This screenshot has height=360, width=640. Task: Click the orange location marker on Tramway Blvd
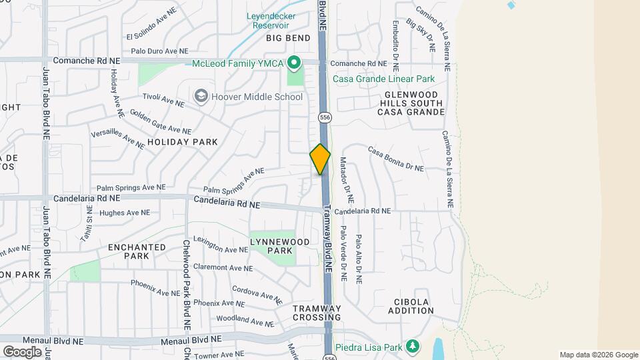320,159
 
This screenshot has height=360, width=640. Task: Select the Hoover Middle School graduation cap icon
201,97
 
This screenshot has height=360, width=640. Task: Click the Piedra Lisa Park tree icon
413,345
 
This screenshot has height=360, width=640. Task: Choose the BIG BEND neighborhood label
289,38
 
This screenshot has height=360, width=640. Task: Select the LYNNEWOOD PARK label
271,246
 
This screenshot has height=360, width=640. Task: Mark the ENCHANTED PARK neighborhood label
137,251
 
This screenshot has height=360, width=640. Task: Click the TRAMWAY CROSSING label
317,313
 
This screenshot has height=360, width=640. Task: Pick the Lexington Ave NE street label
220,245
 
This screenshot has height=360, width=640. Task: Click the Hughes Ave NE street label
125,213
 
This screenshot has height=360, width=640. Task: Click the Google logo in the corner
22,351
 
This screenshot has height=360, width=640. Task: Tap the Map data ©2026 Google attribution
598,355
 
